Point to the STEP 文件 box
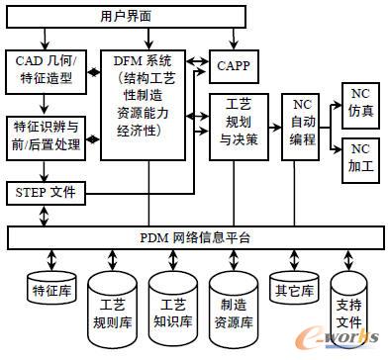(x=47, y=191)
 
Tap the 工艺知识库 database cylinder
(x=173, y=301)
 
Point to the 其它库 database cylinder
(x=292, y=288)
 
